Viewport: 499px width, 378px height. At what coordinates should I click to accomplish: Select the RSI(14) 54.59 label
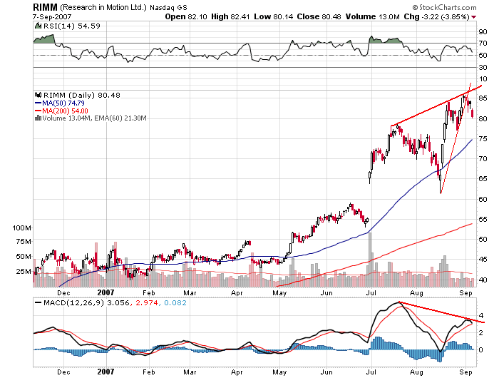pos(68,26)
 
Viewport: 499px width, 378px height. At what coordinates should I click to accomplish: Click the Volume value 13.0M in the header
pos(385,16)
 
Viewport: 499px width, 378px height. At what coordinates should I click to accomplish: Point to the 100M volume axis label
pos(22,228)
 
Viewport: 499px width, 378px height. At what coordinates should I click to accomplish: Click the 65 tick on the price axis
pos(483,179)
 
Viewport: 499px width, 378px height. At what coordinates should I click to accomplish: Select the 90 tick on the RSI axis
pos(483,32)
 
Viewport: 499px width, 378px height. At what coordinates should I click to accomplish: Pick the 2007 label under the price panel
pos(106,292)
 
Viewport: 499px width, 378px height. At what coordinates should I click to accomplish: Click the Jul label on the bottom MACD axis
pos(371,372)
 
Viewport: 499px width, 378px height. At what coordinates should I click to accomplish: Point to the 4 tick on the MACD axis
pos(481,315)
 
